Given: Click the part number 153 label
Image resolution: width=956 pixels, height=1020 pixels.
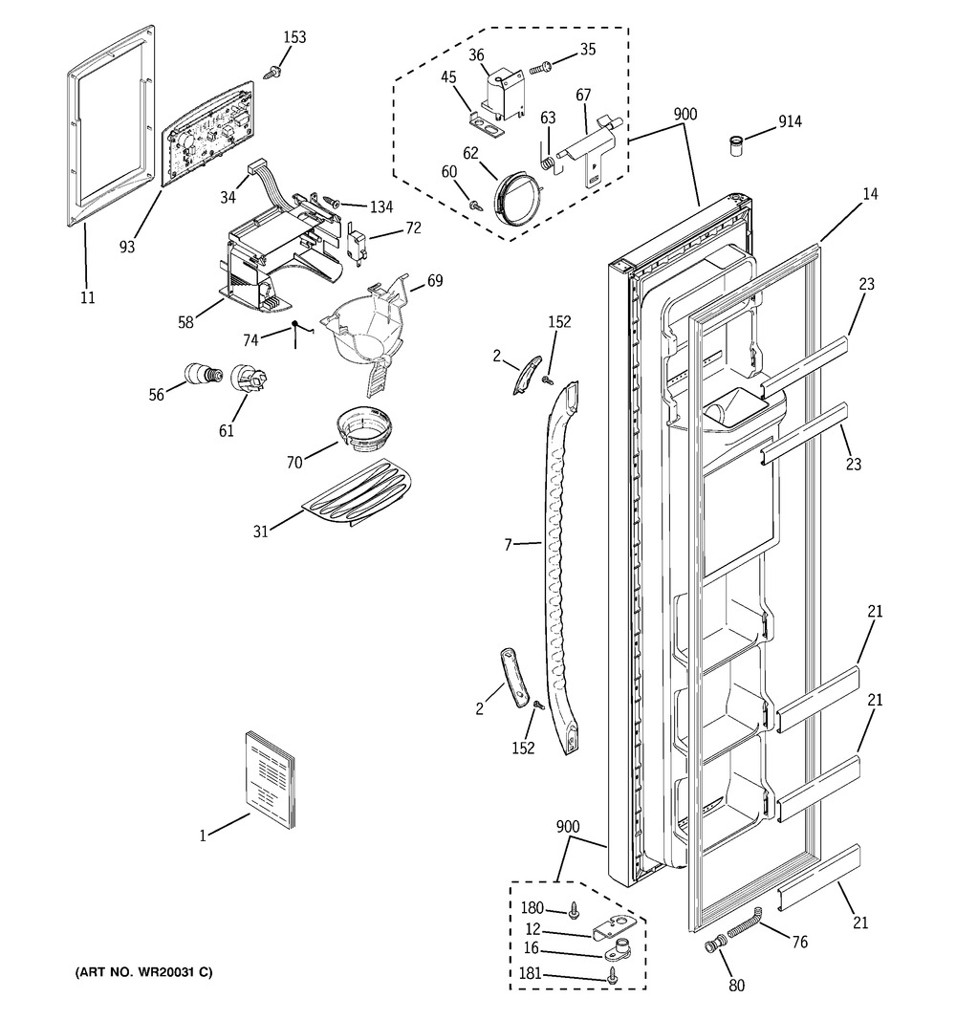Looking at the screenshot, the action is click(294, 37).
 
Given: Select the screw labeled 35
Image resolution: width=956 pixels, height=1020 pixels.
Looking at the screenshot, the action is click(541, 66).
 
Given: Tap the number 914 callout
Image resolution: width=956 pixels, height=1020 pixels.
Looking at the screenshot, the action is click(790, 121).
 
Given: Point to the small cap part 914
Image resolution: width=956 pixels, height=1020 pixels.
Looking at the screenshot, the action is click(736, 145).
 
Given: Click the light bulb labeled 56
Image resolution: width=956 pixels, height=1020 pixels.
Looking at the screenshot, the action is click(204, 376).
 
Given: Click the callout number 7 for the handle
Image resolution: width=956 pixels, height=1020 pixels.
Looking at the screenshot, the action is click(509, 545).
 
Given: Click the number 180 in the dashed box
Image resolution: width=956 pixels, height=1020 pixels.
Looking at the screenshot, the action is click(532, 907).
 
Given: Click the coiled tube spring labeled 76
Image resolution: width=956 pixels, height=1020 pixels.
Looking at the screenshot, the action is click(745, 922).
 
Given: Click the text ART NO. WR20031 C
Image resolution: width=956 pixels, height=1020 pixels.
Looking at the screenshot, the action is click(143, 972).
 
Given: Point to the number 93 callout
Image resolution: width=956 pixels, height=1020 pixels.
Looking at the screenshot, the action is click(127, 247).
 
